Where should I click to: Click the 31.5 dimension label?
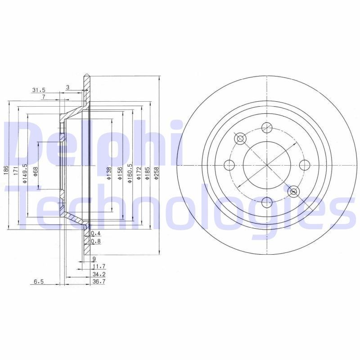pyautogui.click(x=39, y=90)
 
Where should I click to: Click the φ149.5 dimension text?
pyautogui.click(x=25, y=172)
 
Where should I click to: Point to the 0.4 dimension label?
pyautogui.click(x=95, y=234)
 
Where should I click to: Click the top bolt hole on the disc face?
pyautogui.click(x=267, y=127)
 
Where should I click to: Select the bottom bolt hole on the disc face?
pyautogui.click(x=267, y=202)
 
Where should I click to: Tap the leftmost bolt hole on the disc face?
pyautogui.click(x=229, y=164)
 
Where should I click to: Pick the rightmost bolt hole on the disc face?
pyautogui.click(x=304, y=164)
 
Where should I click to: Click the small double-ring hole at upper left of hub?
pyautogui.click(x=240, y=138)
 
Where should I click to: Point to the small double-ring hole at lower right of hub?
pyautogui.click(x=294, y=192)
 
